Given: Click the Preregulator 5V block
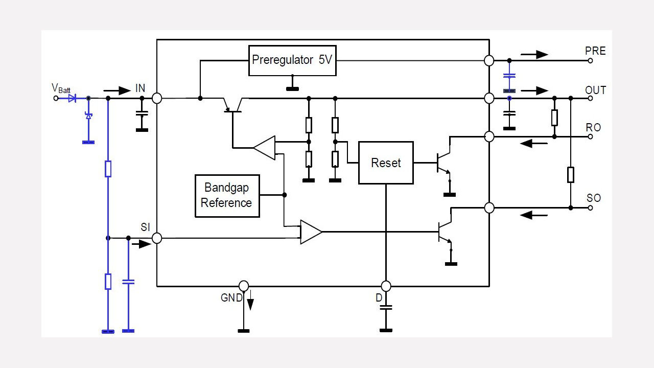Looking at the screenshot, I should (292, 60).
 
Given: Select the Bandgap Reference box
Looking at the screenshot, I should (227, 196).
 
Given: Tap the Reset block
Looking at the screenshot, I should (386, 163).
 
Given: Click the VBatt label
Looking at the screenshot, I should (61, 88).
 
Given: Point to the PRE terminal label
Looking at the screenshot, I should (595, 51).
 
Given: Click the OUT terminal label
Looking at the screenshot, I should (595, 90).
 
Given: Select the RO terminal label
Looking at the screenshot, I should (593, 127).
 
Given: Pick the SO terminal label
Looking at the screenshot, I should (593, 198).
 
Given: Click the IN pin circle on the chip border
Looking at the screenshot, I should (157, 98).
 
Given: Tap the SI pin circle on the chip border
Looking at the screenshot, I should (157, 238).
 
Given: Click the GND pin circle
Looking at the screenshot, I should (244, 286).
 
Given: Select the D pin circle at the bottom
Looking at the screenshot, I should (386, 286).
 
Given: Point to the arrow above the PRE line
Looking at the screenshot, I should (534, 54).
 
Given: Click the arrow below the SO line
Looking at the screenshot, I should (533, 215).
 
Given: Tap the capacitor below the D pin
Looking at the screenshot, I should (386, 308).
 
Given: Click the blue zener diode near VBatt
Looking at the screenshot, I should (88, 116).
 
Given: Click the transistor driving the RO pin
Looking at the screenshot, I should (442, 163).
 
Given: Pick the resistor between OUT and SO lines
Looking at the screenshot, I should (571, 175).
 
